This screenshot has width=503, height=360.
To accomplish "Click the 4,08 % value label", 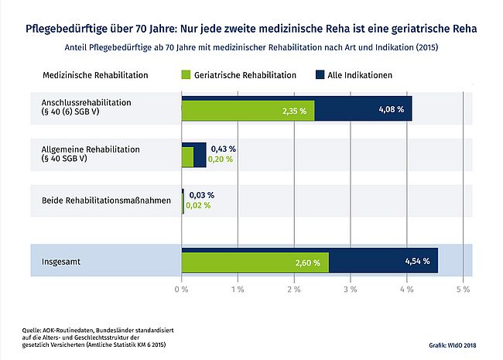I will click(x=391, y=110).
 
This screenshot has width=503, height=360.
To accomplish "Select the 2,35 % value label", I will click(x=293, y=111).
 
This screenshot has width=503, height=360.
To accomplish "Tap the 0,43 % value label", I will click(x=223, y=148).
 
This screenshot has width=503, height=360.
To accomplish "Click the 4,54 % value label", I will click(x=417, y=262).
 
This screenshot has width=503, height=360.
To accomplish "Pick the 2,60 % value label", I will click(x=307, y=262).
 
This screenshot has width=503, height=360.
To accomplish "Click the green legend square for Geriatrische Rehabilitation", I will click(x=186, y=75).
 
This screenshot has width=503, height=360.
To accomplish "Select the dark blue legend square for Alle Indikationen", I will click(x=320, y=75).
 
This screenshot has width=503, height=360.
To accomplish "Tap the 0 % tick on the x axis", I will click(x=181, y=289).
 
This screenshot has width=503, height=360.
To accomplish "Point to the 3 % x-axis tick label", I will click(x=350, y=289).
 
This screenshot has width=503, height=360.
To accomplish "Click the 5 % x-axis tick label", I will click(x=463, y=289).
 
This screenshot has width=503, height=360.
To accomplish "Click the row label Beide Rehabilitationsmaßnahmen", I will click(x=106, y=201).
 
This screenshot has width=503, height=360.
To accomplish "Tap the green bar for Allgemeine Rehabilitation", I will click(x=187, y=158).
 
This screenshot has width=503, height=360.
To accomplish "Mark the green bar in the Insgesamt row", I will click(x=255, y=262).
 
